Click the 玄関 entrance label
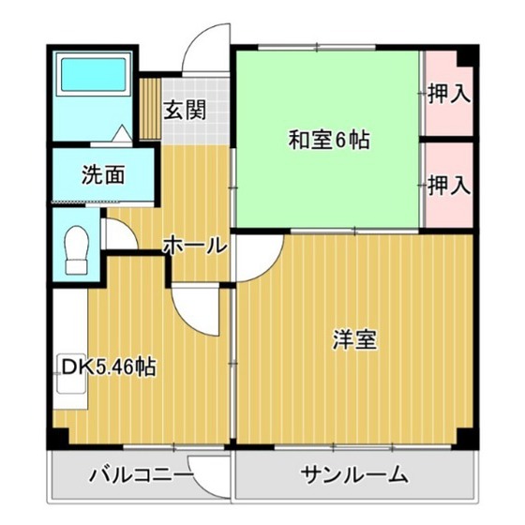pyautogui.click(x=185, y=110)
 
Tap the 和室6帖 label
pyautogui.click(x=329, y=140)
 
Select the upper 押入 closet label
pyautogui.click(x=449, y=94)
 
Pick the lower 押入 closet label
pyautogui.click(x=449, y=186)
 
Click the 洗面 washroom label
pyautogui.click(x=103, y=174)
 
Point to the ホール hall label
pyautogui.click(x=195, y=246)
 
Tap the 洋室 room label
pyautogui.click(x=354, y=339)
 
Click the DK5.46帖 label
pyautogui.click(x=109, y=367)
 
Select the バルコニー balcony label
pyautogui.click(x=141, y=474)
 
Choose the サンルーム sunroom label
pyautogui.click(x=354, y=474)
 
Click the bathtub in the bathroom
pyautogui.click(x=94, y=75)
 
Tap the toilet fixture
pyautogui.click(x=77, y=249)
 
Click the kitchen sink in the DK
pyautogui.click(x=71, y=373)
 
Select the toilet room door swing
pyautogui.click(x=119, y=233)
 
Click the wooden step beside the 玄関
pyautogui.click(x=150, y=109)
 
